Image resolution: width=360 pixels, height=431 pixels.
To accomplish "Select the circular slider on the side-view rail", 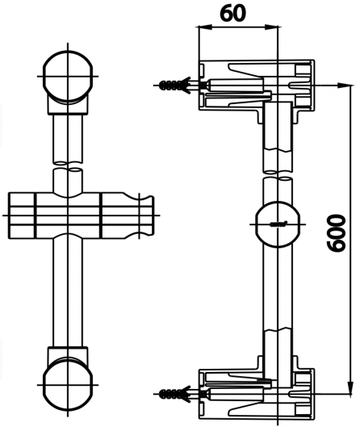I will tap(278, 221).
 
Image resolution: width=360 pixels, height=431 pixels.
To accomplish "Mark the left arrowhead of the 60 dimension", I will tap(202, 27).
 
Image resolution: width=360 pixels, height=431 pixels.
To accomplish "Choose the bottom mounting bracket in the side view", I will tap(257, 391).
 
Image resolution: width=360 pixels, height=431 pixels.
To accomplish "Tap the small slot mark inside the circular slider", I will tap(280, 222).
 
